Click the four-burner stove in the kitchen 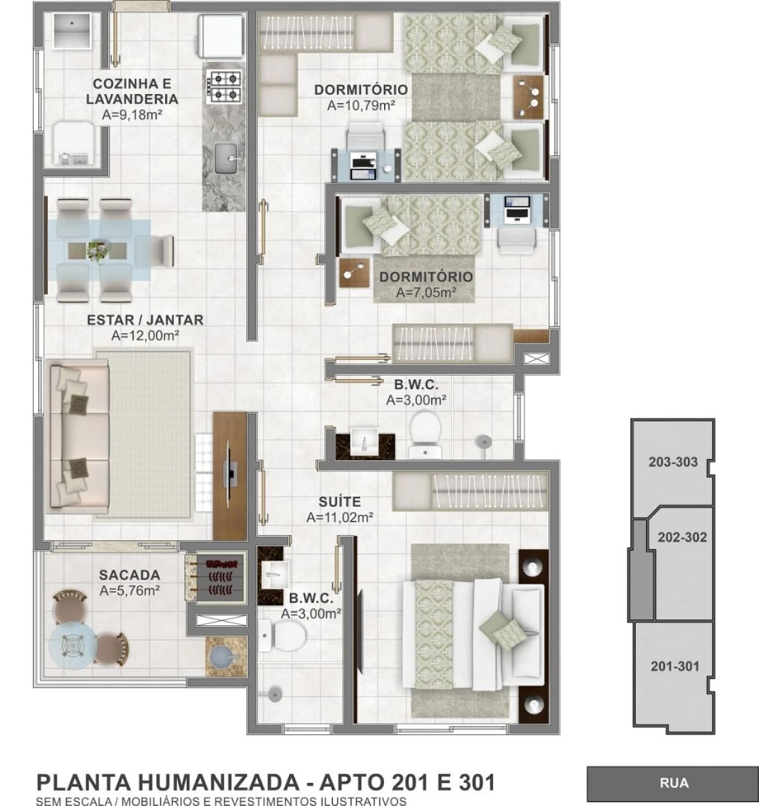(224, 86)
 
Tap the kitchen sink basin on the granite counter (226, 158)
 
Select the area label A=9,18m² (133, 115)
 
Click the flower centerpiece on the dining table (97, 251)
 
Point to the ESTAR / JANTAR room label (145, 320)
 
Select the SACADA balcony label (130, 575)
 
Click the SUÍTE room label (340, 502)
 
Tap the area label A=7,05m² (427, 292)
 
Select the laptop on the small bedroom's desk (517, 210)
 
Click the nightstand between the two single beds (528, 97)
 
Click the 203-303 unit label (673, 462)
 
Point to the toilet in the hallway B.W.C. (425, 435)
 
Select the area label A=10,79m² (361, 106)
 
